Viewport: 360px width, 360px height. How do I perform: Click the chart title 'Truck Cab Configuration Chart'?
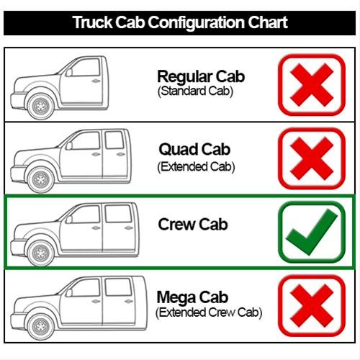point(180,22)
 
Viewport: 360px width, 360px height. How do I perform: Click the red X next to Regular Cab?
point(312,85)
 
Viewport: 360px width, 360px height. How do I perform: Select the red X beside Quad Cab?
point(312,158)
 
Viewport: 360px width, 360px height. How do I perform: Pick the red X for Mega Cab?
point(312,305)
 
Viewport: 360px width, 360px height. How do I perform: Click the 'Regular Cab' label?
point(201,76)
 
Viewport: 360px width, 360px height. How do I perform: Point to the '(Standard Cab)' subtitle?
point(195,91)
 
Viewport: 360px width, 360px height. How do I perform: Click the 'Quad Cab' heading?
point(194,149)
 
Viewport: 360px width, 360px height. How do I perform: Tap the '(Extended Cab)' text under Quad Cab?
point(196,167)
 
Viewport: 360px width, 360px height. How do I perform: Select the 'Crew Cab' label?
point(193,224)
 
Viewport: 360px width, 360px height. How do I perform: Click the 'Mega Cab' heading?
point(192,297)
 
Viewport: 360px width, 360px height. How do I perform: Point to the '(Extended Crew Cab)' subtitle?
point(209,312)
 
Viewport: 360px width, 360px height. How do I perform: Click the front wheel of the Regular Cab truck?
point(40,106)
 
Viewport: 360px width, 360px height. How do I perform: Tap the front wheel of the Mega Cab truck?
point(40,327)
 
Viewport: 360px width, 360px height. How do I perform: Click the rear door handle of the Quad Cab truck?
point(121,154)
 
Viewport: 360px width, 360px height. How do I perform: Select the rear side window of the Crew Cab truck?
point(118,214)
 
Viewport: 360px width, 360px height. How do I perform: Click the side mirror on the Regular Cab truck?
point(69,72)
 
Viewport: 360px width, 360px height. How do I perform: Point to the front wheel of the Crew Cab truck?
point(40,253)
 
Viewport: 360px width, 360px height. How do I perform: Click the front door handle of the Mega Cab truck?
point(96,301)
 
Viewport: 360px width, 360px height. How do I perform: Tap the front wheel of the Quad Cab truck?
point(40,179)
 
